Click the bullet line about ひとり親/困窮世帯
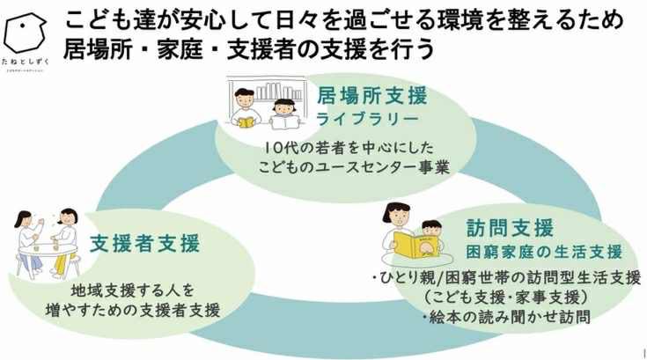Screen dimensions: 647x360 [x=506, y=278]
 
